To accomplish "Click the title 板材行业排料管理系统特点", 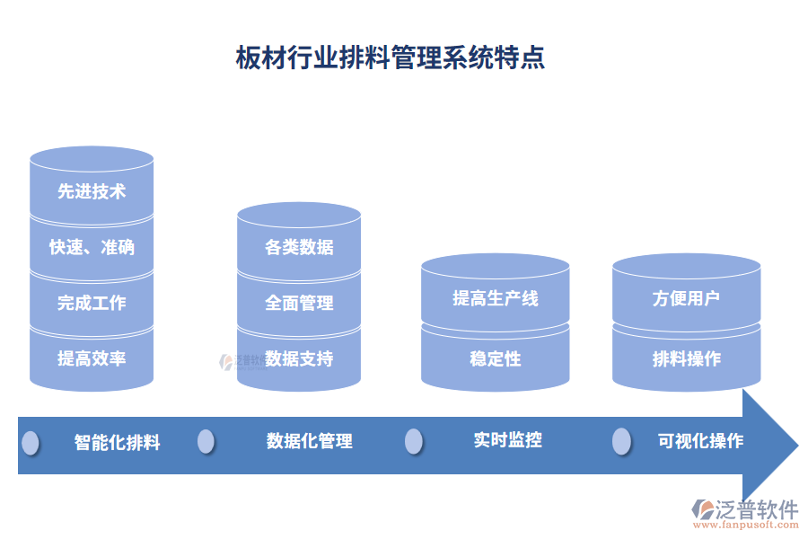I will (390, 58).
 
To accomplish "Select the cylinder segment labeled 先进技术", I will (92, 191).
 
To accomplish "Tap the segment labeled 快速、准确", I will (92, 247).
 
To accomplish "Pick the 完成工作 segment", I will (92, 303).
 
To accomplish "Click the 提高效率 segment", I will (92, 358).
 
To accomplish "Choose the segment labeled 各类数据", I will (299, 247).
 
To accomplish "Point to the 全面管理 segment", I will (299, 303).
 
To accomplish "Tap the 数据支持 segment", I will (299, 358).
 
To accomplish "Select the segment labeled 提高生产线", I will (495, 298).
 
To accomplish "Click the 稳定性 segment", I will (495, 358).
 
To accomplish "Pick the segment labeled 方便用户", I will (686, 298).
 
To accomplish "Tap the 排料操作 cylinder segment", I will (686, 358).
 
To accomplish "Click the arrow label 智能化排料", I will (117, 442).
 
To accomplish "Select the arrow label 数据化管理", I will (309, 441).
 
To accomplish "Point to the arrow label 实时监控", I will (507, 440).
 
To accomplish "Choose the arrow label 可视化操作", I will (700, 441).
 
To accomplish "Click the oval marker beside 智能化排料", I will (31, 442).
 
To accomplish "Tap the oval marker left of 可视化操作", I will (621, 441).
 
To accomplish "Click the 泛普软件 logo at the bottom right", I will (744, 514).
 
